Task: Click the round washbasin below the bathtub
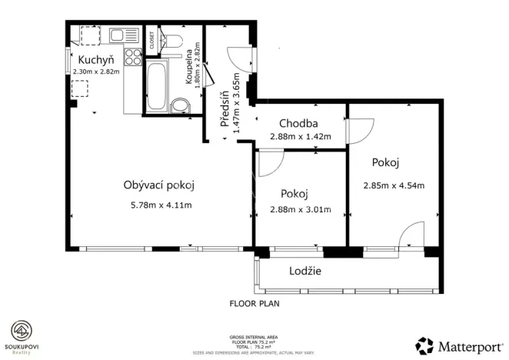180,105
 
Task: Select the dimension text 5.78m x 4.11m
161,205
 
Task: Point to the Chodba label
299,123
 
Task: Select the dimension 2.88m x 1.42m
300,137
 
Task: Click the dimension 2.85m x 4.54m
394,185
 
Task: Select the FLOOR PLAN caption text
254,304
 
